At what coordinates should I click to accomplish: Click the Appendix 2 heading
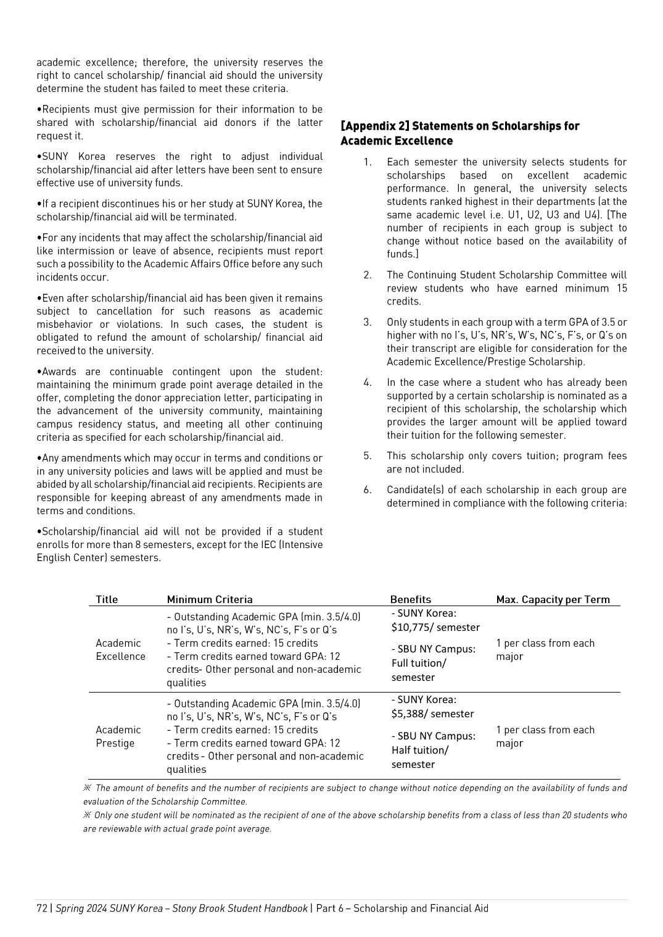(x=459, y=133)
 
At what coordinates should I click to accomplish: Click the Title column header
(x=107, y=599)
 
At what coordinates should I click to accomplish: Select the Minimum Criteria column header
(x=210, y=599)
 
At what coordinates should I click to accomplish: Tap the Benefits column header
(x=410, y=599)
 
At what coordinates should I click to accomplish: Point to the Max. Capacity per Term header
(x=553, y=599)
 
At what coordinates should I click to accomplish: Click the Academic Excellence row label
(x=120, y=650)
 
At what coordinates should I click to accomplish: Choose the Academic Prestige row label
(x=118, y=736)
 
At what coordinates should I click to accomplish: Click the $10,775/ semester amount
(x=435, y=627)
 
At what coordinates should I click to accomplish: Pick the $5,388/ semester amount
(x=432, y=714)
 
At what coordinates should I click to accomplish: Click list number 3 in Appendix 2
(x=368, y=322)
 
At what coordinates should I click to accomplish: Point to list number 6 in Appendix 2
(x=368, y=490)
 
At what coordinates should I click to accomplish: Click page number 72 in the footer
(x=42, y=908)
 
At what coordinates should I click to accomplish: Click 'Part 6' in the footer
(x=329, y=908)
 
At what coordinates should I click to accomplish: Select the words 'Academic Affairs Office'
(x=196, y=264)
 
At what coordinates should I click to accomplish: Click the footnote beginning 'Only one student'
(x=355, y=822)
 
